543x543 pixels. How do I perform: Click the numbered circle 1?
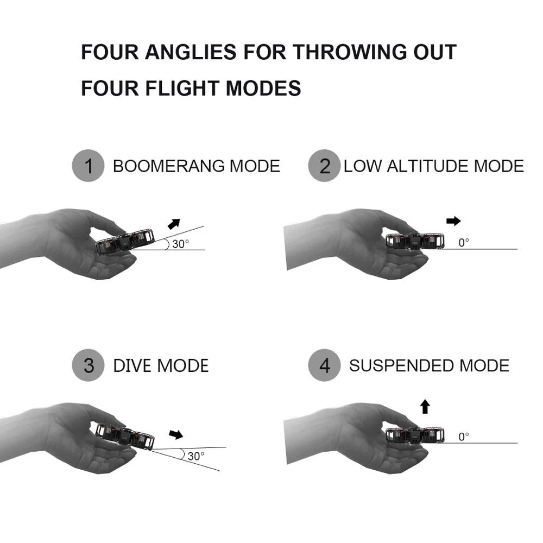click(x=88, y=166)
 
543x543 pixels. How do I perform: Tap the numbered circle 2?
click(x=324, y=166)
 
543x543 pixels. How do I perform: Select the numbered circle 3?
click(x=88, y=365)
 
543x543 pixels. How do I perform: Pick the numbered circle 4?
click(x=324, y=365)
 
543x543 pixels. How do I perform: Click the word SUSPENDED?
click(x=401, y=365)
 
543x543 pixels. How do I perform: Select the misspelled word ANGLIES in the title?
click(x=191, y=52)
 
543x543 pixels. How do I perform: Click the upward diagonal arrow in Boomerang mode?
click(x=174, y=224)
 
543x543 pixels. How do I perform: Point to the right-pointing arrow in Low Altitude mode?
click(x=453, y=221)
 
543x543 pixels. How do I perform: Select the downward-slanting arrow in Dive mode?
click(x=176, y=434)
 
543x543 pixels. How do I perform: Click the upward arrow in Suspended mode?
click(x=425, y=406)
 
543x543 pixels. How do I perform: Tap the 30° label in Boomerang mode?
click(x=181, y=244)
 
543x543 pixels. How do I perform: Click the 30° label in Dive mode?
click(x=195, y=456)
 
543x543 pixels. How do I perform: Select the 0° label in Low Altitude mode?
click(x=463, y=243)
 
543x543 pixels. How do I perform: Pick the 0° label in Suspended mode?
click(x=463, y=437)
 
